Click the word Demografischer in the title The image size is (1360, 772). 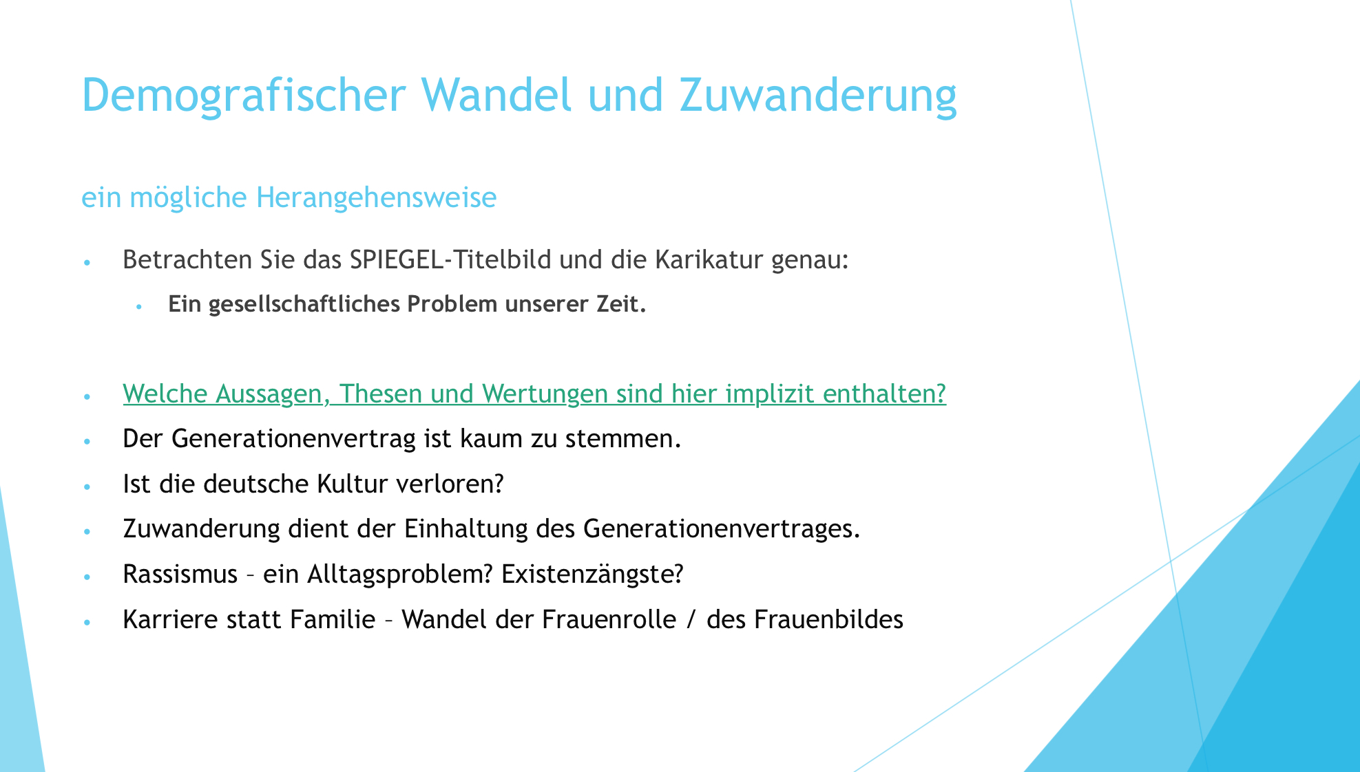tap(243, 96)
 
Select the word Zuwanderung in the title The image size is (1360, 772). tap(818, 96)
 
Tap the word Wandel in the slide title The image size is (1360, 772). tap(496, 94)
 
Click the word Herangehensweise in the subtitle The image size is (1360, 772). tap(376, 198)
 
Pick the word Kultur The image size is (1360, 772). tap(353, 484)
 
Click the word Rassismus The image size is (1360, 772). tap(180, 574)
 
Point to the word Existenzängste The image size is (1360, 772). tap(592, 574)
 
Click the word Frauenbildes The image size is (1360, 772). tap(828, 619)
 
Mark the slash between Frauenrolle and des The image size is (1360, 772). tap(691, 620)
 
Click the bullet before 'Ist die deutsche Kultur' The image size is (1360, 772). tap(87, 486)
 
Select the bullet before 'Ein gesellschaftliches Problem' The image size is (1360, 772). tap(138, 305)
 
